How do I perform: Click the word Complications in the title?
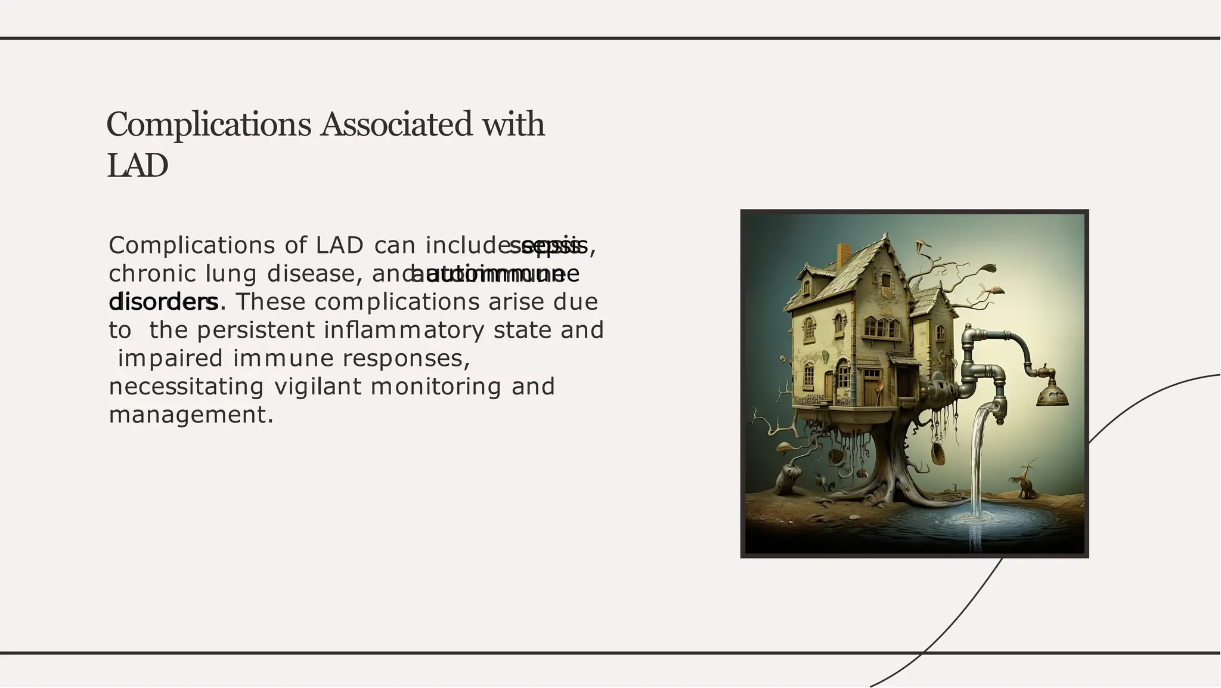(x=209, y=125)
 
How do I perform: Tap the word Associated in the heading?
(x=393, y=125)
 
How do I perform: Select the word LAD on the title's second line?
(x=137, y=165)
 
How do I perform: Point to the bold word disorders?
(x=163, y=302)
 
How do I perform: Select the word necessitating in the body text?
(x=186, y=387)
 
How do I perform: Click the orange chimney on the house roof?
(x=844, y=255)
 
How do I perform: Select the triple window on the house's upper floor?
(x=882, y=327)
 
